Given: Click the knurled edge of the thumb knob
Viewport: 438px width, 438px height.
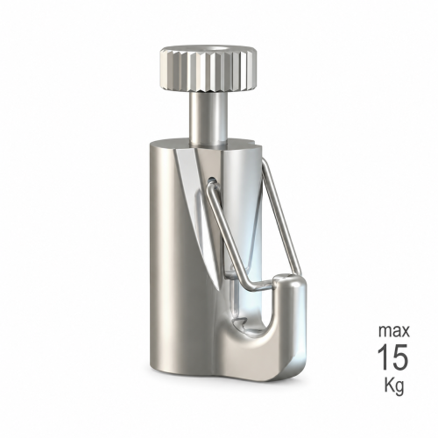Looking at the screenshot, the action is (x=207, y=73).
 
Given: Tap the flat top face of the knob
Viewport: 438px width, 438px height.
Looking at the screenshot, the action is (x=207, y=50).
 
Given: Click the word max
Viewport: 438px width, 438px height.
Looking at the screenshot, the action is (x=394, y=331).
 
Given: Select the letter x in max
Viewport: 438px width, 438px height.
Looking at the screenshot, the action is (x=406, y=332).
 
